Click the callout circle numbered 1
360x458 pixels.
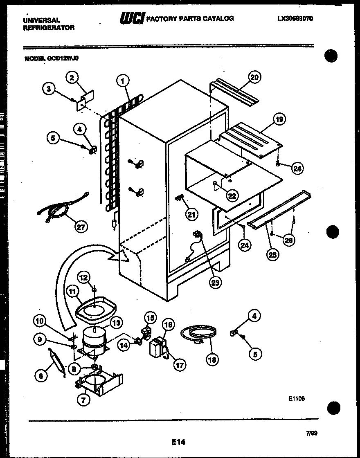pyautogui.click(x=122, y=81)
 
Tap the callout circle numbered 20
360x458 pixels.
pyautogui.click(x=254, y=77)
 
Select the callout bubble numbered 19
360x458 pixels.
pyautogui.click(x=279, y=119)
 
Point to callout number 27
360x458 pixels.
pyautogui.click(x=81, y=226)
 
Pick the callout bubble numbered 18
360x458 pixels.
pyautogui.click(x=212, y=359)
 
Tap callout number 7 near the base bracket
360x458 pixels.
pyautogui.click(x=83, y=400)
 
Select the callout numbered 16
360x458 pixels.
pyautogui.click(x=168, y=325)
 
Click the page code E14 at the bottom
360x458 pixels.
pyautogui.click(x=178, y=442)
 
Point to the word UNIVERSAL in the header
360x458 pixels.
pyautogui.click(x=42, y=20)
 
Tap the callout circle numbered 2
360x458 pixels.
pyautogui.click(x=72, y=77)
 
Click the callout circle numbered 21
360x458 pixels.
pyautogui.click(x=191, y=213)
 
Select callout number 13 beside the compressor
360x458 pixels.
pyautogui.click(x=116, y=323)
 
